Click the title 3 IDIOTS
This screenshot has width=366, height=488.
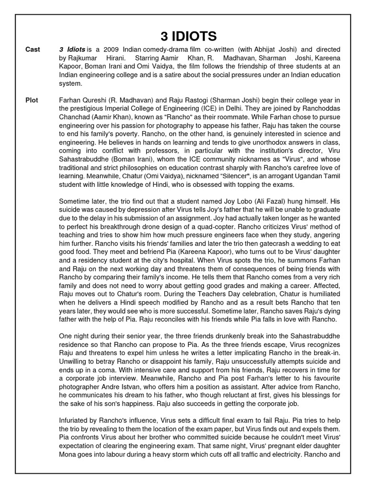[x=187, y=36]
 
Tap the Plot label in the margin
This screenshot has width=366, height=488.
[x=32, y=100]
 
